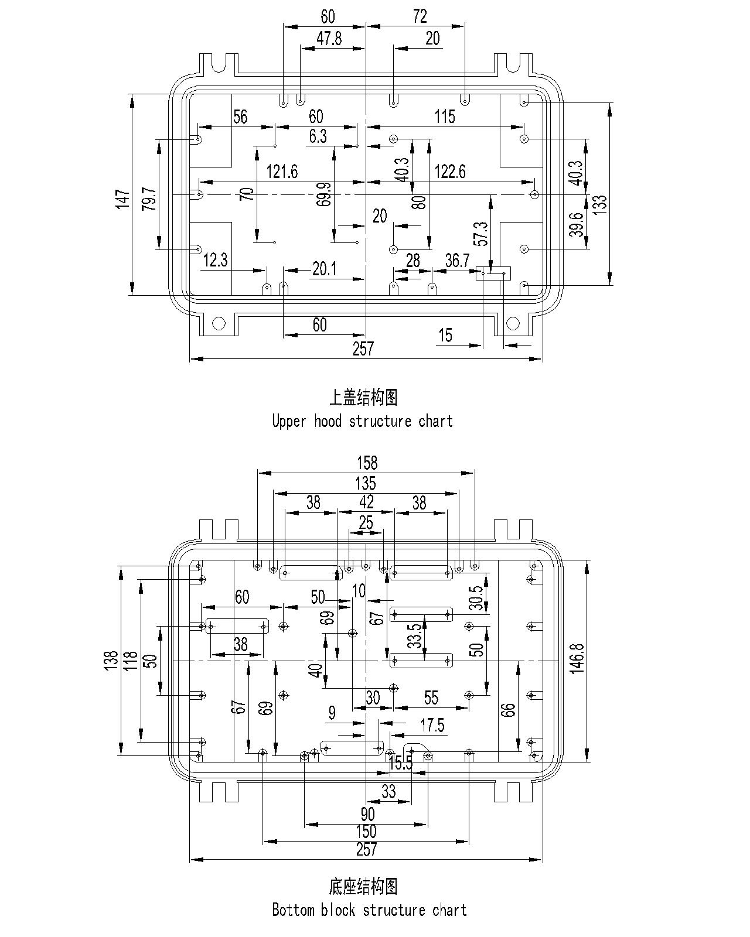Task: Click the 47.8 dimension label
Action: pos(329,39)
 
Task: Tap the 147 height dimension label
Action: pos(122,199)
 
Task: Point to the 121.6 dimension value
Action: pos(282,172)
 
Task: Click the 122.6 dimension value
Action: pos(450,172)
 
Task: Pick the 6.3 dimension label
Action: pos(318,136)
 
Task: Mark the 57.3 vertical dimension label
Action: pos(482,234)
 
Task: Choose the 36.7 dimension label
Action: pos(457,261)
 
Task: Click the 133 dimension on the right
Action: pos(601,204)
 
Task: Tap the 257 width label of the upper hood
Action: pos(363,349)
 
